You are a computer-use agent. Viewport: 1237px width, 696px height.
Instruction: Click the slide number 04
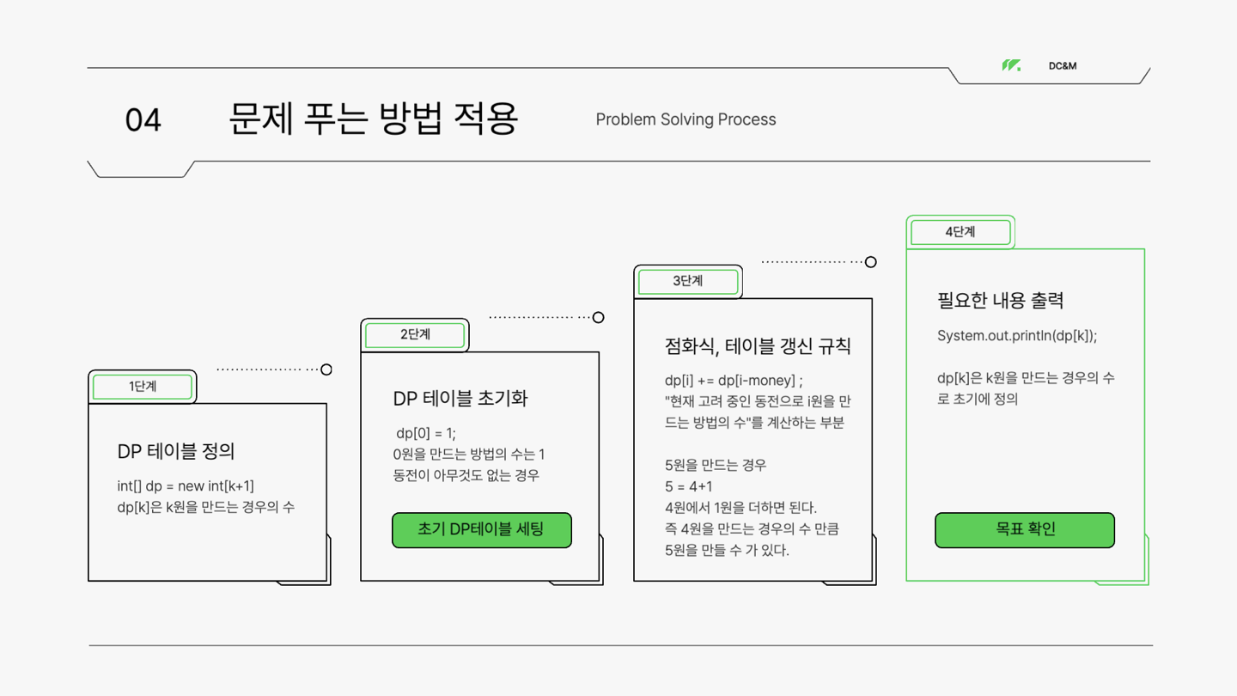143,120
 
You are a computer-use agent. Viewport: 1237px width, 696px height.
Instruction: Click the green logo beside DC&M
1011,65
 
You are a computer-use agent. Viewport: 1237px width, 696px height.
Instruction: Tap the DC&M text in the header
1063,66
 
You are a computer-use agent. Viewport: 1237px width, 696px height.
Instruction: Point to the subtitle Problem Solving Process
686,119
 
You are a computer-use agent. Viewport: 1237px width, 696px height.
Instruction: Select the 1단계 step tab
143,387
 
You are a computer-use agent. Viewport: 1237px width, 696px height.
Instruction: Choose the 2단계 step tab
415,335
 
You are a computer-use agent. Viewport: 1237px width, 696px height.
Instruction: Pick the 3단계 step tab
688,282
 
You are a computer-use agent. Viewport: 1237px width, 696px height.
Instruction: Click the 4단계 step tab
960,232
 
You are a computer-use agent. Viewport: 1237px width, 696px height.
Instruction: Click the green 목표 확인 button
1025,529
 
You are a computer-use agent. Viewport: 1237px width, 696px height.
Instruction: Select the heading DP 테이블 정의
176,451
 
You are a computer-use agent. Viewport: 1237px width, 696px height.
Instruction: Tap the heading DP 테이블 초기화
460,399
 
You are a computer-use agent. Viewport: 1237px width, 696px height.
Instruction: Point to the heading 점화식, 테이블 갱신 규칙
758,346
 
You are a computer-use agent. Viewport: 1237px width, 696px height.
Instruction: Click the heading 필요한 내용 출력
1001,301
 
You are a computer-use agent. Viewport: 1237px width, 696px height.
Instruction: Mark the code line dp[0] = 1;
426,433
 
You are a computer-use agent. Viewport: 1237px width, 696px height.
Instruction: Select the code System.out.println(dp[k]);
1017,336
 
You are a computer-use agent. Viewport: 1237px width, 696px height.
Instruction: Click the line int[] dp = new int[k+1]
186,486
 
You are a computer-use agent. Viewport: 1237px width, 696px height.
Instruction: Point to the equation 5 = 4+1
689,486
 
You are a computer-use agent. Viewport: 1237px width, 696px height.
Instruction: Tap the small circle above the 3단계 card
870,262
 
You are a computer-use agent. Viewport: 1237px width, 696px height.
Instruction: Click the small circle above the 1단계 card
326,369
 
